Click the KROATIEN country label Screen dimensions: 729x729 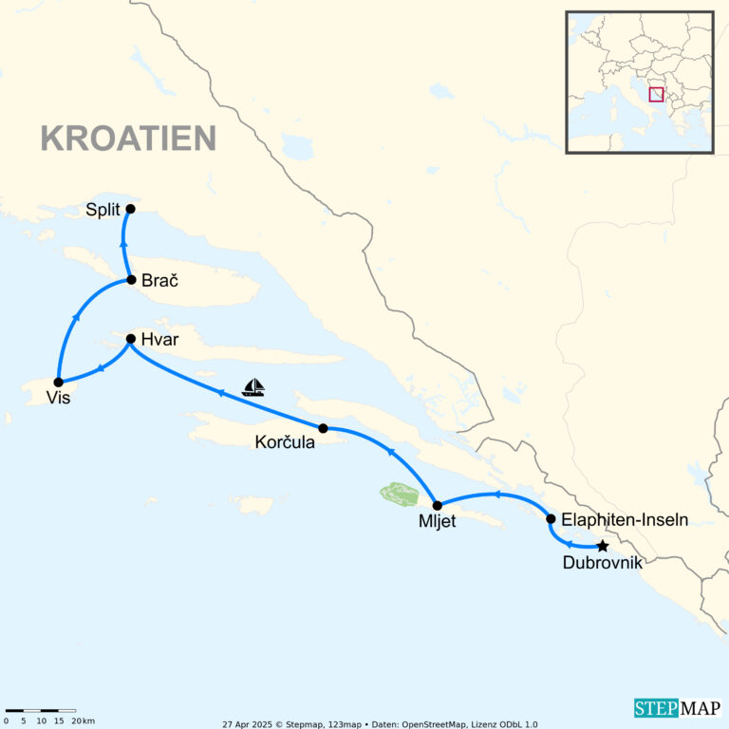pos(128,139)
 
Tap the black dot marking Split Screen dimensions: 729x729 pos(130,209)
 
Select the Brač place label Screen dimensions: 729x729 pos(159,281)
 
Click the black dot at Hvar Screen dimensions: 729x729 pos(131,339)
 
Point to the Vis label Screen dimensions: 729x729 pos(58,399)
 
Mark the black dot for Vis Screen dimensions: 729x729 pos(58,382)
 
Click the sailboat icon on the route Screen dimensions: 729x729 pos(252,387)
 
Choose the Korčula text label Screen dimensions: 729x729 pos(285,442)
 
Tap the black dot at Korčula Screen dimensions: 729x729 pos(323,428)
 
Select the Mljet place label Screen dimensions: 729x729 pos(437,521)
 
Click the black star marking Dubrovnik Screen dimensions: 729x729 pos(602,546)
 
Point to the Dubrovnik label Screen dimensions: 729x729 pos(602,564)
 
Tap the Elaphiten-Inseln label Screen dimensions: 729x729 pos(625,519)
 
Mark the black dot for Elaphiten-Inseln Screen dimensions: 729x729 pos(551,518)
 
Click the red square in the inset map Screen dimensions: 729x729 pos(656,94)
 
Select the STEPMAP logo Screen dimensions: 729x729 pos(677,708)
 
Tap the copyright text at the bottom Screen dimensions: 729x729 pos(380,723)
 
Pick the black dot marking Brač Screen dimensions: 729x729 pos(131,280)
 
